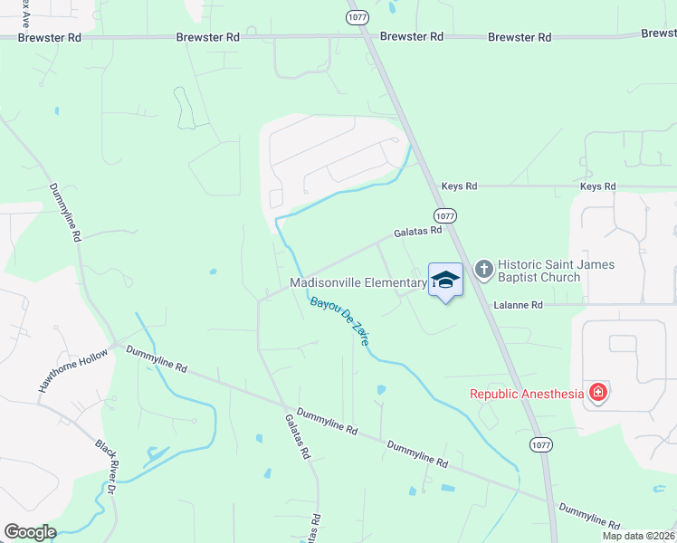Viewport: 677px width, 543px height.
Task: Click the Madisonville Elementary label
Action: point(358,283)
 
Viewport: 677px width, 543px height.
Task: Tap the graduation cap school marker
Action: point(444,279)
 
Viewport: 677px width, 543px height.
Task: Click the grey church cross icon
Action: point(483,269)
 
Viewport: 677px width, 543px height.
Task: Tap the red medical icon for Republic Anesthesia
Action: point(597,392)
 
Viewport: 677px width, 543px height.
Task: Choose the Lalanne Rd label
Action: point(518,306)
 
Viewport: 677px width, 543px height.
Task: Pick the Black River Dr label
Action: point(107,467)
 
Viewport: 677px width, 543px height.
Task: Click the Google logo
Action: point(30,532)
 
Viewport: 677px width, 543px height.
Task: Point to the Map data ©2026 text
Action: point(638,536)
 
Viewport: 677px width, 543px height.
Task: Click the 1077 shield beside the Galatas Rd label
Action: point(444,216)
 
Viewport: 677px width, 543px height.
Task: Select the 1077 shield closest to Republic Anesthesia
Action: point(541,444)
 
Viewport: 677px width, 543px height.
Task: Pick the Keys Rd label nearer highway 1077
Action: point(459,186)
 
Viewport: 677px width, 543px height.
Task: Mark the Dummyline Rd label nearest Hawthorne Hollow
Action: point(157,359)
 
